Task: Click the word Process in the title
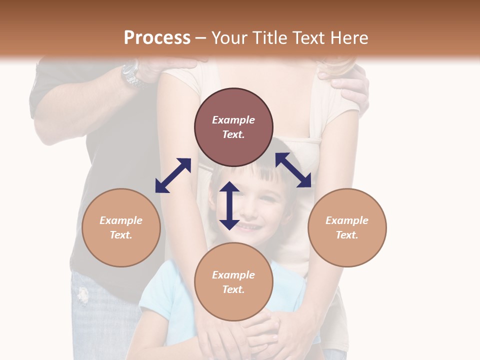click(157, 38)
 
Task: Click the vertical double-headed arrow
click(229, 205)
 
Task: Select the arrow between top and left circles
click(173, 175)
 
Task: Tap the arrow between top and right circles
click(293, 170)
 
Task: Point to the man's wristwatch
click(131, 74)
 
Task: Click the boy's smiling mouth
click(248, 226)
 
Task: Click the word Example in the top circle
click(233, 120)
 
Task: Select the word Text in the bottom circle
click(233, 289)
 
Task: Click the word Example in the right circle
click(347, 220)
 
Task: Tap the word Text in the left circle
click(121, 235)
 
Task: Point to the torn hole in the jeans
click(83, 295)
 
